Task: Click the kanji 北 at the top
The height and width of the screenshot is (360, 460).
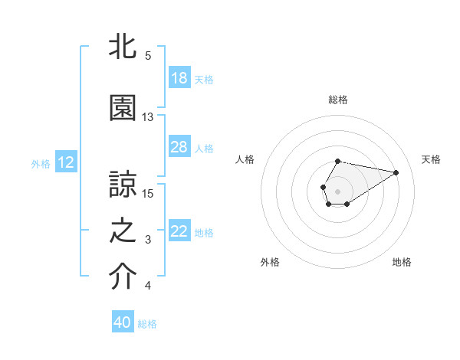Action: coord(123,47)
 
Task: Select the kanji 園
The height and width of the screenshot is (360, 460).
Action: coord(123,109)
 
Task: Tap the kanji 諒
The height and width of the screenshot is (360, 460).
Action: coord(123,185)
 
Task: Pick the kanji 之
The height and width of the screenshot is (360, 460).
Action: coord(123,233)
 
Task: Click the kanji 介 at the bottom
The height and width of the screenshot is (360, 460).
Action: coord(123,278)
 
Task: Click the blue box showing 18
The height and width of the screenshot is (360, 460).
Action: coord(179,78)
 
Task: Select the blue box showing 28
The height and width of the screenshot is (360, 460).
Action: coord(179,147)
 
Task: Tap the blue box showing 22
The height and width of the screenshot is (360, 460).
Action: coord(179,232)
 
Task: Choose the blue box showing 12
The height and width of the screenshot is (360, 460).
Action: coord(65,162)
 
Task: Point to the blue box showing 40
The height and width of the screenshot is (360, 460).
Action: coord(123,323)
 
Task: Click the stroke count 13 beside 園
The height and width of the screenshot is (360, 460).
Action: coord(148,117)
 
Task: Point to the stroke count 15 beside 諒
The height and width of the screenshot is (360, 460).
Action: coord(148,193)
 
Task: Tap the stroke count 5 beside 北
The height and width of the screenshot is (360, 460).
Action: coord(148,55)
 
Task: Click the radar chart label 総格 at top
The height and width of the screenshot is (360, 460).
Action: coord(338,100)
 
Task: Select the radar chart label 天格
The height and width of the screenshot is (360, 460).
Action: coord(431,159)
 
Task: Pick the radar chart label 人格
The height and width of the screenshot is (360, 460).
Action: coord(245,159)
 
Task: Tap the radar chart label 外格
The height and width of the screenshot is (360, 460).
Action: coord(270,263)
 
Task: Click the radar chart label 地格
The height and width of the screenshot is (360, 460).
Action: coord(402,263)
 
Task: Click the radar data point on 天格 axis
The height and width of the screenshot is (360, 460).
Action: coord(396,172)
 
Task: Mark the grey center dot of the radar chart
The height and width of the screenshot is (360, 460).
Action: coord(337,190)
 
